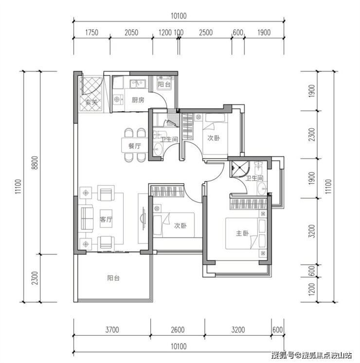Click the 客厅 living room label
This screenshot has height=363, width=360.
click(106, 219)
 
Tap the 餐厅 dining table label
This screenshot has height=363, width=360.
click(134, 146)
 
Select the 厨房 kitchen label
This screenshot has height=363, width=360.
click(138, 100)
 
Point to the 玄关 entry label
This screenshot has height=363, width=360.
click(91, 102)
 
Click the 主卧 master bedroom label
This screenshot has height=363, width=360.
click(242, 233)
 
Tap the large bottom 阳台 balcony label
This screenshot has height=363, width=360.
click(113, 278)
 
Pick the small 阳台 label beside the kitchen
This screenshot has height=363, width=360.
click(164, 84)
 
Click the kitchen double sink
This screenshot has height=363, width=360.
click(138, 84)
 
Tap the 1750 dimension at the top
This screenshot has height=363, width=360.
click(92, 33)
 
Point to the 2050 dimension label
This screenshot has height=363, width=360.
click(131, 33)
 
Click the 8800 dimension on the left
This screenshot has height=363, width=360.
click(35, 163)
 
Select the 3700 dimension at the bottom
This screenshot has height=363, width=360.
click(112, 329)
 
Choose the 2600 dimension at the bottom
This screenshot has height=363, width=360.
click(178, 329)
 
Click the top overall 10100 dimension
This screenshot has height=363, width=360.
click(179, 16)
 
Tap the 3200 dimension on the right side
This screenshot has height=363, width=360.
click(312, 231)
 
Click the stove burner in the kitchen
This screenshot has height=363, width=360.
click(117, 100)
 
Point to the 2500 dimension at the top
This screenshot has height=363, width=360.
click(206, 33)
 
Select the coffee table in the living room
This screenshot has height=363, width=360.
click(106, 219)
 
